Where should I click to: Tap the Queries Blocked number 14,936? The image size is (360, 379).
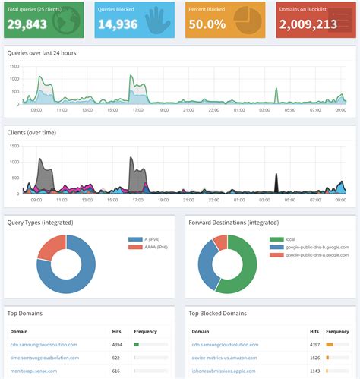pos(120,24)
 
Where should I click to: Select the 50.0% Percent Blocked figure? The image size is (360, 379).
pos(207,24)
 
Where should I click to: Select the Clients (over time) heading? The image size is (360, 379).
pos(32,132)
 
